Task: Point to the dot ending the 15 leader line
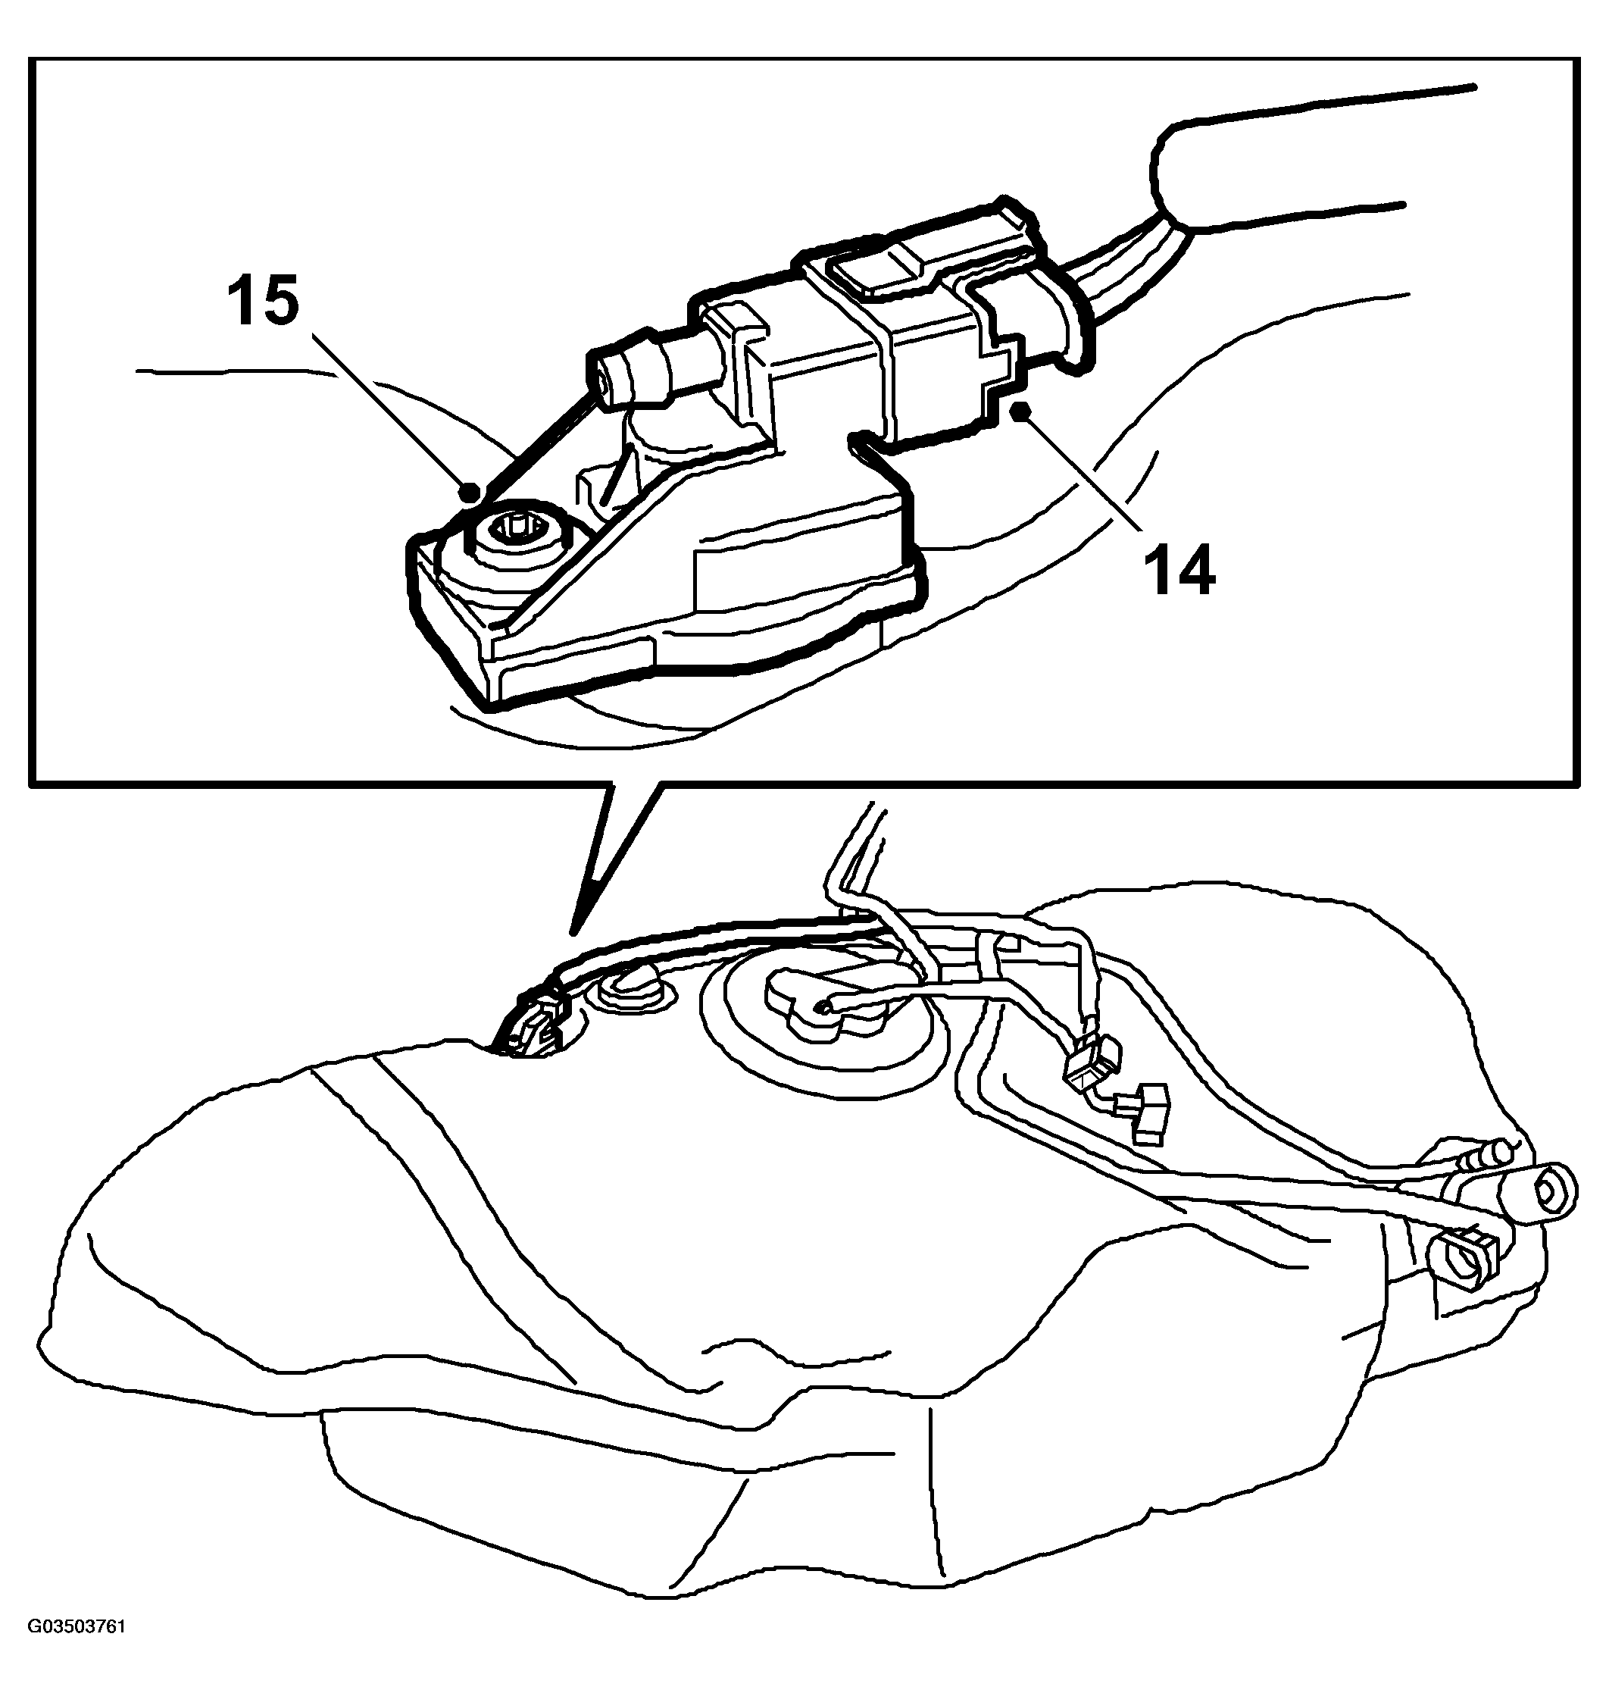(469, 493)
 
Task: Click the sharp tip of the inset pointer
(573, 931)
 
